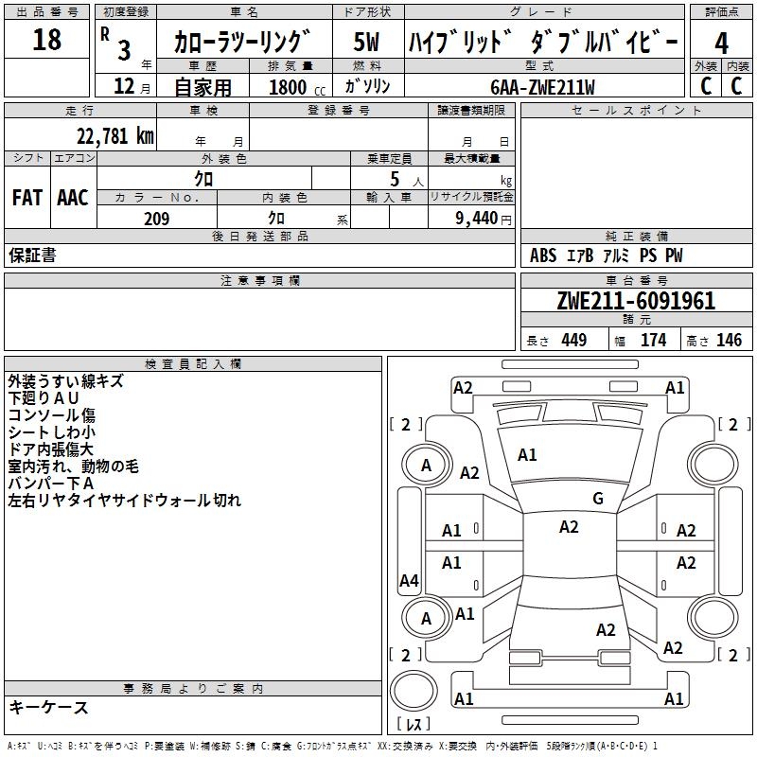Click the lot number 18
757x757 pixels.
click(46, 40)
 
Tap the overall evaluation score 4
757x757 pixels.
click(721, 43)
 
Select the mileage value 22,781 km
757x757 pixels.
click(114, 136)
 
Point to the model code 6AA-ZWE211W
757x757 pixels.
click(543, 87)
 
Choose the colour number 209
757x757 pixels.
click(156, 219)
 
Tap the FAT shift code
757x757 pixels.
click(27, 198)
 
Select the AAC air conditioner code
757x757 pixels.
click(73, 198)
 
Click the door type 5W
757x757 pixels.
click(366, 43)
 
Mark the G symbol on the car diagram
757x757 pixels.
click(598, 499)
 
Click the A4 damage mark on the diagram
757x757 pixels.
click(409, 581)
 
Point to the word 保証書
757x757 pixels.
click(32, 255)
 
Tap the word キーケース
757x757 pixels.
click(48, 707)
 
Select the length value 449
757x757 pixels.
click(573, 341)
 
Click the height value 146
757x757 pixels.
click(729, 341)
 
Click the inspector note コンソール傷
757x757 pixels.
click(51, 415)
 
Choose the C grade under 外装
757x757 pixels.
click(705, 86)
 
